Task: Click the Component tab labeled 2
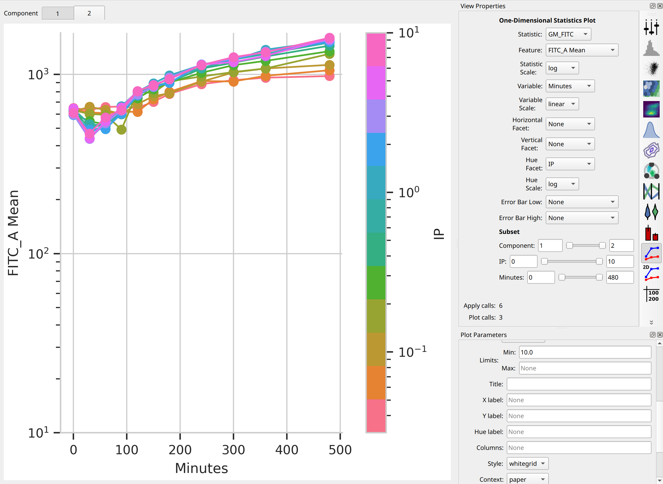89,13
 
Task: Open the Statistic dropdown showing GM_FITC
568,34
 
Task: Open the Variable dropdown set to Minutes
570,86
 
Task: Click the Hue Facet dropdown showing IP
570,164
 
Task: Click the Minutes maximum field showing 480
620,278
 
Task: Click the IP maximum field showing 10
620,262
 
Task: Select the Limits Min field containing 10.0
585,352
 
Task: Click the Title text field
579,384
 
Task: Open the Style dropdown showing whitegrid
527,464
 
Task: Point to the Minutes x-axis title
201,468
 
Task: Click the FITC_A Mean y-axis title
13,233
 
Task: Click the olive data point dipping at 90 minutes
121,130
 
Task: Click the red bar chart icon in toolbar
651,233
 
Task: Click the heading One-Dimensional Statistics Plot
547,21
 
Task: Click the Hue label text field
579,432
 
